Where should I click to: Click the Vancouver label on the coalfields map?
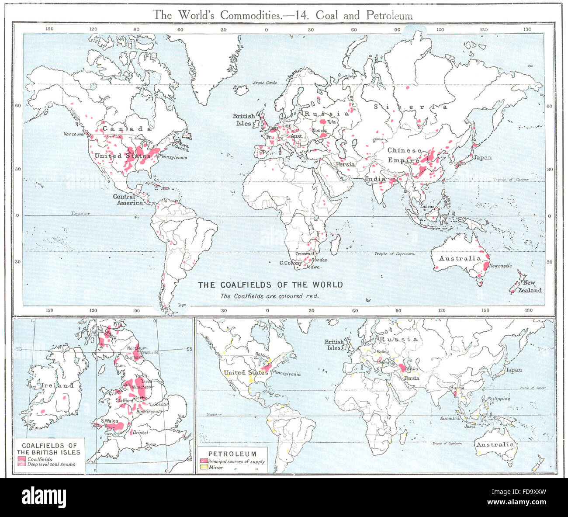coord(73,134)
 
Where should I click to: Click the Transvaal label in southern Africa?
coord(305,254)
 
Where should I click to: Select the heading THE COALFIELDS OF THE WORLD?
coord(270,285)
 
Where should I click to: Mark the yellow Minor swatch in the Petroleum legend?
coord(203,467)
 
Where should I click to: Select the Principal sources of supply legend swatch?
coord(203,461)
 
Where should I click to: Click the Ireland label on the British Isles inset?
coord(58,385)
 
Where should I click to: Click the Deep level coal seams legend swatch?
coord(22,464)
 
